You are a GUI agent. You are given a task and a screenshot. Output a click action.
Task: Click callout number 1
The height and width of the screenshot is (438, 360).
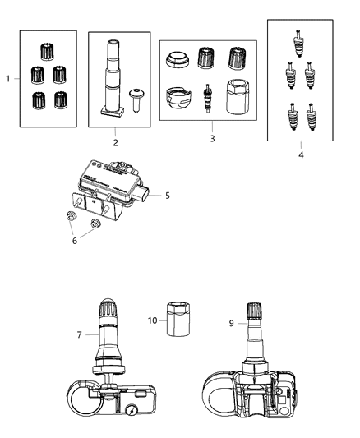tap(7, 79)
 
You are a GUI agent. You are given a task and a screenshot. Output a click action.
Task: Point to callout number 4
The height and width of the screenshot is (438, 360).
tap(300, 154)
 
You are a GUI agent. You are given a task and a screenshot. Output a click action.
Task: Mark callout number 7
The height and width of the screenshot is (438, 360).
tap(79, 334)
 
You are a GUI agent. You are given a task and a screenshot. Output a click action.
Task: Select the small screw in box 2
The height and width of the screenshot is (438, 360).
tap(136, 101)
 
